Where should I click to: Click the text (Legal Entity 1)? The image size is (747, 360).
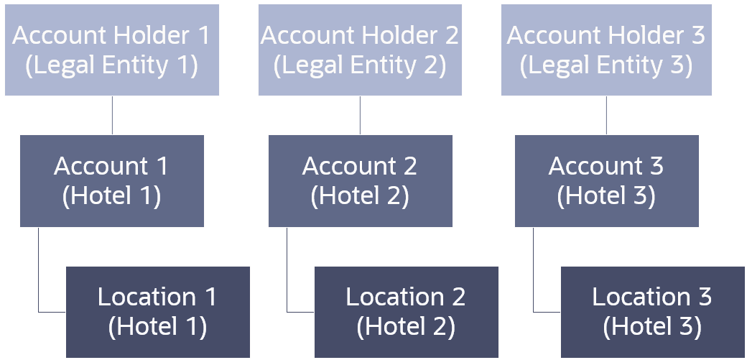111,65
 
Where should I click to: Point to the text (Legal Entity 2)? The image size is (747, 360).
359,65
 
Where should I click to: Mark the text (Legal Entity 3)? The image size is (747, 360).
606,65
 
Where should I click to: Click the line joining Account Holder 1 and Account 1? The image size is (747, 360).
112,115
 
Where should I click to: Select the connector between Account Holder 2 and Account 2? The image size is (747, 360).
360,115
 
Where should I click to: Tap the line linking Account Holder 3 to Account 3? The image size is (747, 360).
606,115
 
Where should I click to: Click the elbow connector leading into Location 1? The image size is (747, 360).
39,273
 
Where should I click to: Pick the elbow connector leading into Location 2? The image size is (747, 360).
287,273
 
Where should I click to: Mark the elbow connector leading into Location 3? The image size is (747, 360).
534,273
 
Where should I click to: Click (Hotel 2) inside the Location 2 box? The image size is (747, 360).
406,327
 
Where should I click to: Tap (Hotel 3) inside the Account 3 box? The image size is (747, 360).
606,196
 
